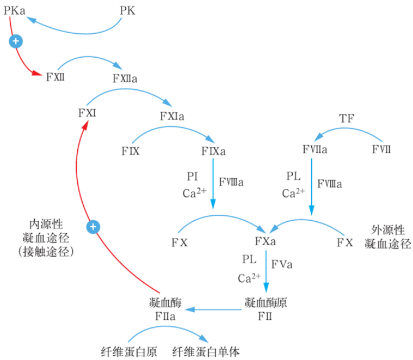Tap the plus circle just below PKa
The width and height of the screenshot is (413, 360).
click(16, 41)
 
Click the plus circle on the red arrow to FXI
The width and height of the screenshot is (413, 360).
click(94, 226)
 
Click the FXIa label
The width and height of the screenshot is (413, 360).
click(172, 116)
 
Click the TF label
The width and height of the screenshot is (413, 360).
click(347, 118)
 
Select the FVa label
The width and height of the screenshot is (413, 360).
click(282, 265)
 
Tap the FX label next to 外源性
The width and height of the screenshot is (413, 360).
click(344, 242)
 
